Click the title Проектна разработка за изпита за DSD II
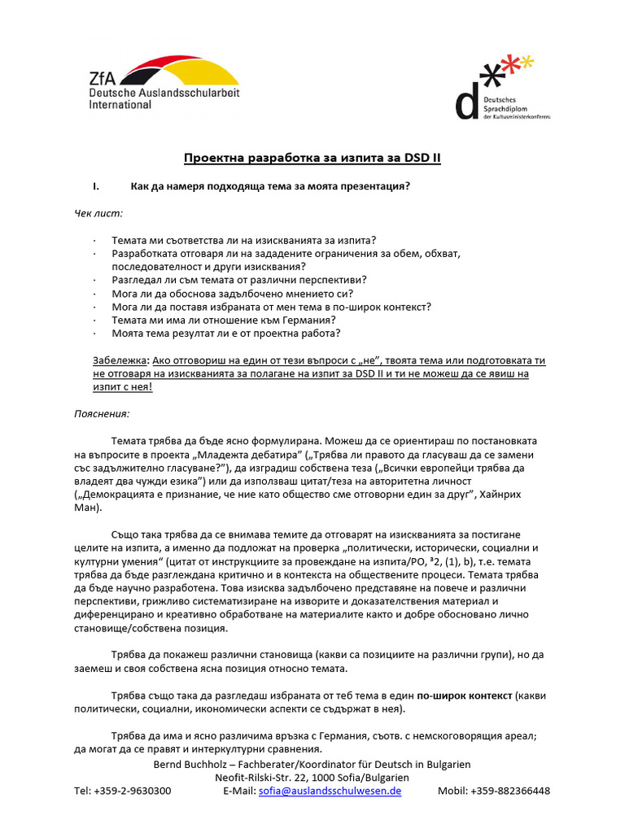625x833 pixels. click(x=312, y=158)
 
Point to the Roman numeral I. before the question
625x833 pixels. click(x=97, y=185)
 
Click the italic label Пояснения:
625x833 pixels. click(x=102, y=413)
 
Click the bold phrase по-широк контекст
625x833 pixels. click(x=465, y=696)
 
